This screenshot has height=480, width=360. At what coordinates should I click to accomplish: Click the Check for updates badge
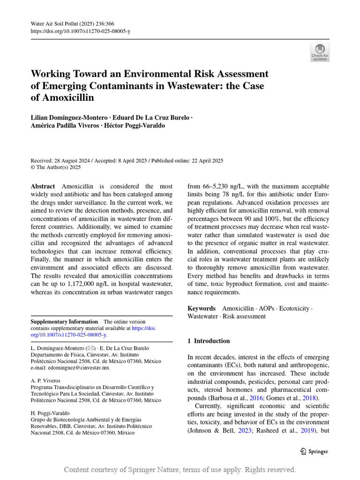click(320, 52)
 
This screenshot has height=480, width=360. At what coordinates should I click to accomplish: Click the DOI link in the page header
click(80, 31)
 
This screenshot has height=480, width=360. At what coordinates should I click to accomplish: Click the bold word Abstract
click(43, 187)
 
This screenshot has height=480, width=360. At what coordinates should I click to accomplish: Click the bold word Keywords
click(202, 308)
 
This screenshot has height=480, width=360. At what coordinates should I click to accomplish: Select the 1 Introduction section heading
click(209, 341)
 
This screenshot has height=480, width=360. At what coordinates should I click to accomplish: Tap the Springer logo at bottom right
click(314, 451)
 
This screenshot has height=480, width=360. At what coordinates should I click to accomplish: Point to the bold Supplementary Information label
click(64, 322)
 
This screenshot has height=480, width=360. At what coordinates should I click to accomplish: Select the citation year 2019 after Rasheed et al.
click(307, 430)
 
